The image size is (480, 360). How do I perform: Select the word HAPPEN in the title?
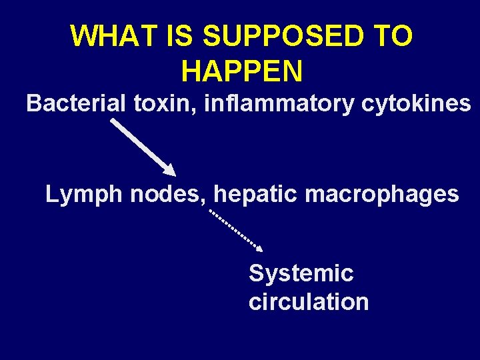pos(241,71)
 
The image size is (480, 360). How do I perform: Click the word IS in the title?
pos(179,36)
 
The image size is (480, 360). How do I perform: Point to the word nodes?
pos(169,195)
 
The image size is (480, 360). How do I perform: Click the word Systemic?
pos(301,273)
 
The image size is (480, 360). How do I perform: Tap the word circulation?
pos(309,302)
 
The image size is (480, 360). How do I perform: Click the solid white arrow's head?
pos(168,169)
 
